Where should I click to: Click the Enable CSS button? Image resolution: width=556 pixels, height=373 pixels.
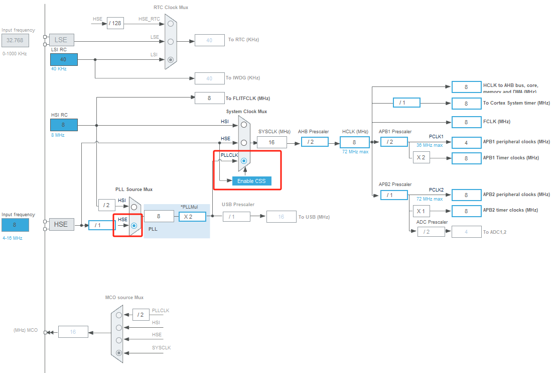[251, 181]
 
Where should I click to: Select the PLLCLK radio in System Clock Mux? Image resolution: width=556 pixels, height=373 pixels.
[243, 161]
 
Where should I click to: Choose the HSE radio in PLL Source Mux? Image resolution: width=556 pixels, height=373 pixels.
[134, 226]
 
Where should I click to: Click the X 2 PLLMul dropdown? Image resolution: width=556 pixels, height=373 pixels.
[192, 217]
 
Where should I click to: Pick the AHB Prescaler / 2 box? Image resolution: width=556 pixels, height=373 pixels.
[315, 142]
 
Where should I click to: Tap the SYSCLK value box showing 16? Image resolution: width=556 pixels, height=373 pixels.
[271, 142]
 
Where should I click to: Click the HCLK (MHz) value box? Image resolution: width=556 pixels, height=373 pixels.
[354, 142]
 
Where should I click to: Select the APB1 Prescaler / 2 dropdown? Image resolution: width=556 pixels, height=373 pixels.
[394, 142]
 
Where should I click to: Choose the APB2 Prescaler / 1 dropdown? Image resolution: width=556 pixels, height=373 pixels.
[394, 195]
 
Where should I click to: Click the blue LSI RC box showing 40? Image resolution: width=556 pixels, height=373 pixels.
[64, 59]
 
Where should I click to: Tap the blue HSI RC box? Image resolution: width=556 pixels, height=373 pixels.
[64, 125]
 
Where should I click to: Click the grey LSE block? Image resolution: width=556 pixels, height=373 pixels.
[61, 40]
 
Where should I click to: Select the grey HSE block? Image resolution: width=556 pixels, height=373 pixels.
[61, 224]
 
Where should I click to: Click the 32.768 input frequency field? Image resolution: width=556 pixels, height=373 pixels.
[15, 40]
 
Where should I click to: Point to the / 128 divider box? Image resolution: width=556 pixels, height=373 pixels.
[115, 23]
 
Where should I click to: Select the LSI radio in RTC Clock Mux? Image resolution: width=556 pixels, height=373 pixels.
[171, 59]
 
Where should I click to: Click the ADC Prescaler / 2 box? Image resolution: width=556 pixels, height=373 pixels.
[431, 232]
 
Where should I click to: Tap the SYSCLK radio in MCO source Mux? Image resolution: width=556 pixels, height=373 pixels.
[119, 353]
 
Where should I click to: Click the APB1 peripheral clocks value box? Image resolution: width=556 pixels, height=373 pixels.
[466, 143]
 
